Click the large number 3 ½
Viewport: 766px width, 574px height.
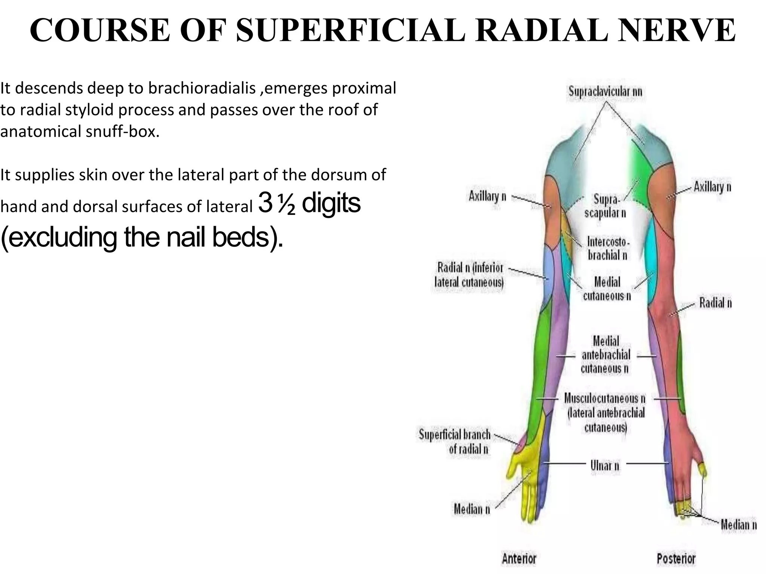(x=276, y=204)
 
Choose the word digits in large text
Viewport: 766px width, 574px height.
(x=331, y=204)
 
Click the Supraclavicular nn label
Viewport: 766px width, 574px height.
(x=605, y=92)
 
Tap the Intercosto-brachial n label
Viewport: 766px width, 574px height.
(x=608, y=249)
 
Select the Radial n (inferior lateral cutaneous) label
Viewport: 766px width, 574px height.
(x=469, y=275)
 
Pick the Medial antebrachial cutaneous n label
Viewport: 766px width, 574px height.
(x=606, y=355)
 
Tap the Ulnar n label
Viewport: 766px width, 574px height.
(x=605, y=466)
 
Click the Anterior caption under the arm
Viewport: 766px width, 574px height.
(x=519, y=559)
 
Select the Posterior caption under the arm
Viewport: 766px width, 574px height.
(x=676, y=559)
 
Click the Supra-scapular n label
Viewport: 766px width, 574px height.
(x=605, y=206)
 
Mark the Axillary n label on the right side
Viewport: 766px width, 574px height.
(x=712, y=186)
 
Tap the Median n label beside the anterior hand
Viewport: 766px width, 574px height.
(x=472, y=509)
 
